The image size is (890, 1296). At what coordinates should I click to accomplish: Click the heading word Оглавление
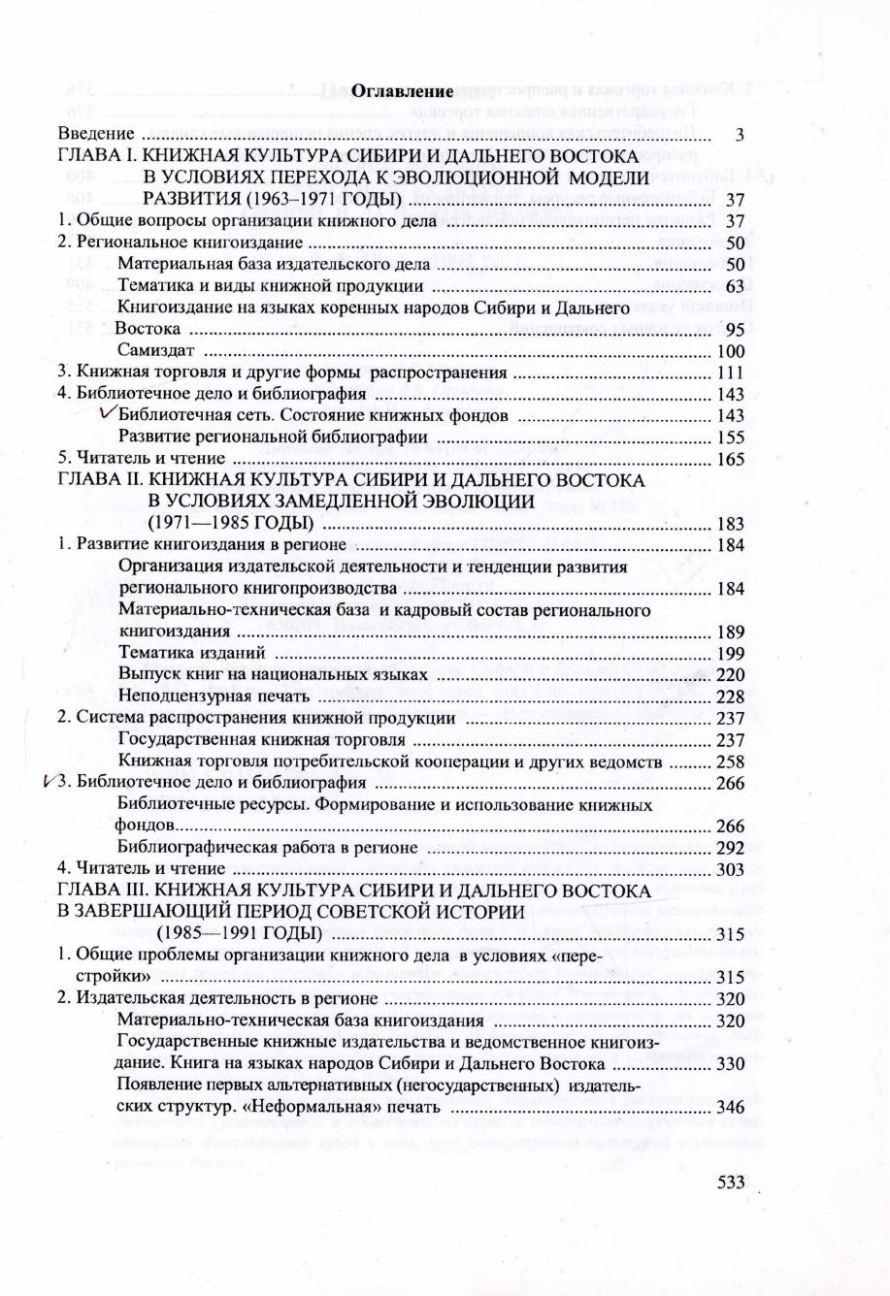(402, 91)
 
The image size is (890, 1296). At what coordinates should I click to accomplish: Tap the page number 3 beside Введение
(740, 134)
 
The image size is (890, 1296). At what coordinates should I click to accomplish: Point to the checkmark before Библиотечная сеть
(109, 412)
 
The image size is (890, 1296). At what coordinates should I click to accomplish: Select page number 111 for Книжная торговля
(729, 373)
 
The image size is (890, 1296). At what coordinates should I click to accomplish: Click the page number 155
(729, 437)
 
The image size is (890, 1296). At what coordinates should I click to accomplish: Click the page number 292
(729, 847)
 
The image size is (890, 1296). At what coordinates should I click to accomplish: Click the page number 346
(729, 1106)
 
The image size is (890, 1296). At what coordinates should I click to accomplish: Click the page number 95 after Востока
(734, 329)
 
